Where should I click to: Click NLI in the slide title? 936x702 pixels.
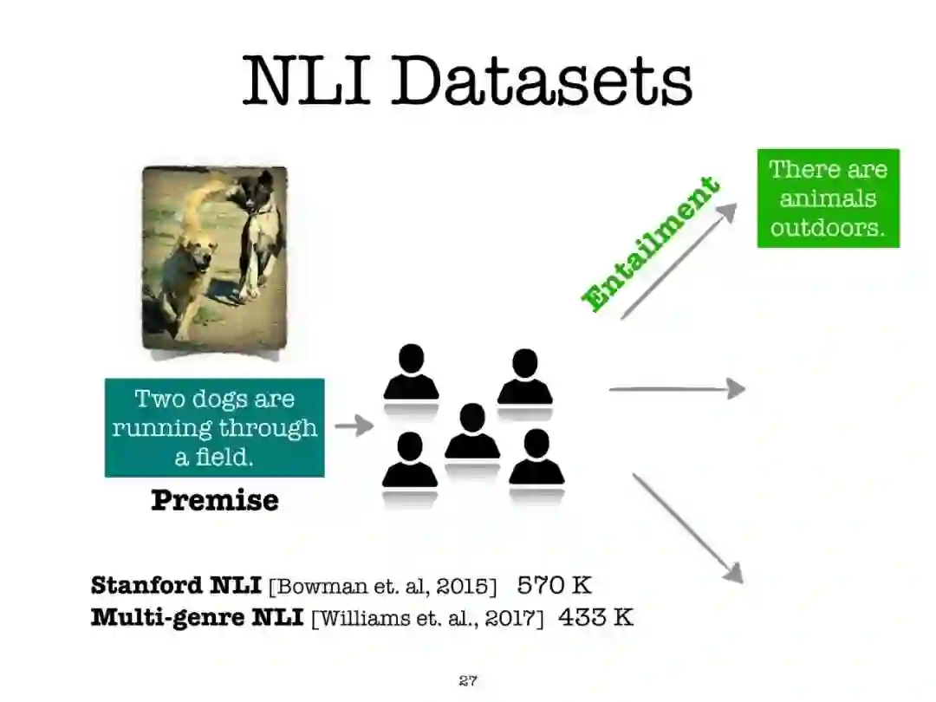tap(305, 81)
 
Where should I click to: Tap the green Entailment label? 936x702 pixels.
tap(651, 244)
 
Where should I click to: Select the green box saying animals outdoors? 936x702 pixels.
tap(828, 198)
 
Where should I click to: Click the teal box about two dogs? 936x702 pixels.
tap(214, 427)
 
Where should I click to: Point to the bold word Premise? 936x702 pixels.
tap(214, 500)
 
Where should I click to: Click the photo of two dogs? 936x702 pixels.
tap(214, 259)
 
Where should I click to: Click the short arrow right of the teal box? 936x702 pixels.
tap(354, 426)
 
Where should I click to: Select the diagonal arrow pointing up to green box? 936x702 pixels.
tap(679, 261)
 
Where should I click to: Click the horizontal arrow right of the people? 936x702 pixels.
tap(677, 389)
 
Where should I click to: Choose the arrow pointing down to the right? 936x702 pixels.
tap(688, 528)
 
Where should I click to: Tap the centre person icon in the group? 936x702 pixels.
tap(472, 432)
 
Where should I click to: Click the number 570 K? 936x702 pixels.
tap(554, 585)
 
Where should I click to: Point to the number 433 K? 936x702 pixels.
tap(595, 618)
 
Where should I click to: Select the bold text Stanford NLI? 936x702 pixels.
tap(175, 585)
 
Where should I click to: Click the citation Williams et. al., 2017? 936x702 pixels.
tap(427, 619)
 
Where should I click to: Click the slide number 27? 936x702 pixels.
tap(468, 680)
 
